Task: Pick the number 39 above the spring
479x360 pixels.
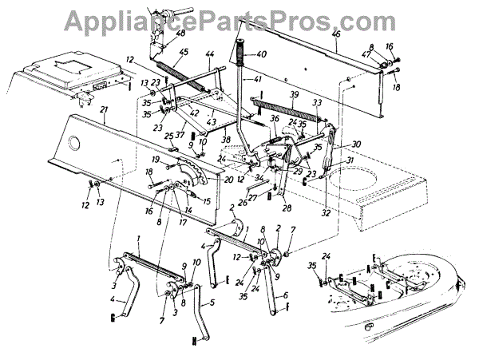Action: click(x=294, y=94)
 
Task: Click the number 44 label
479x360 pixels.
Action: click(x=210, y=54)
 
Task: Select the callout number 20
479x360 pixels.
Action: click(x=207, y=180)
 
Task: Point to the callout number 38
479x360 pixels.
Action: click(x=226, y=140)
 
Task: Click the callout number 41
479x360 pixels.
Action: click(x=257, y=79)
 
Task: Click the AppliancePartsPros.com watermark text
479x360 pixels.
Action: click(x=239, y=18)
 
